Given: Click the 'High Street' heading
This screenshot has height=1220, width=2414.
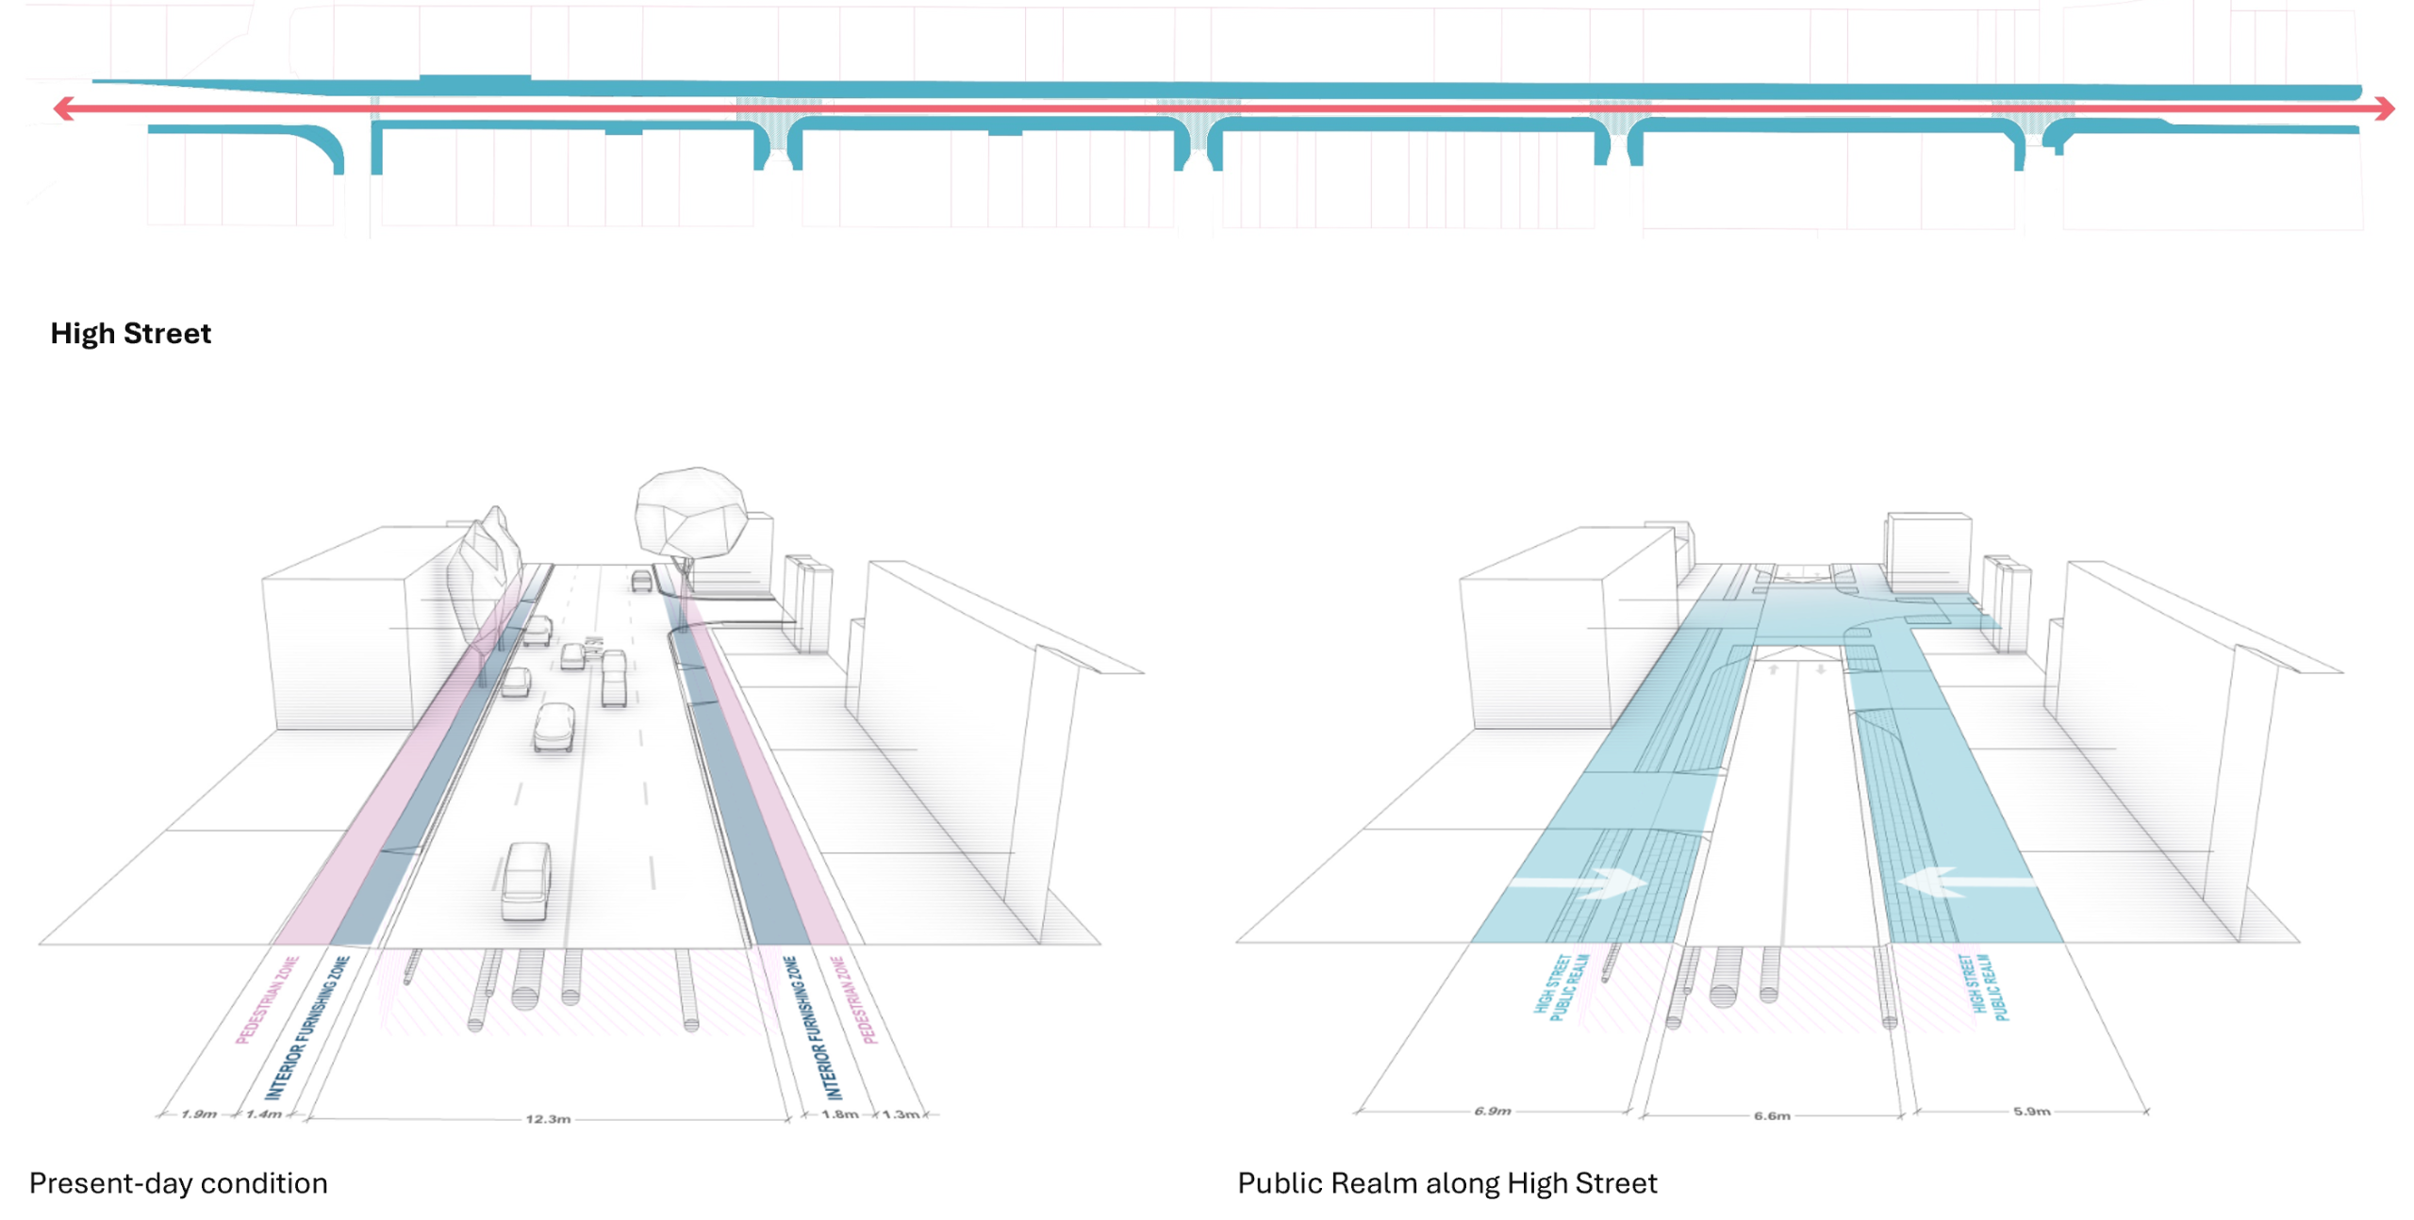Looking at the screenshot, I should click(x=130, y=333).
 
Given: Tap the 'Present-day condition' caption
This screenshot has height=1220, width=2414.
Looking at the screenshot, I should click(x=178, y=1182).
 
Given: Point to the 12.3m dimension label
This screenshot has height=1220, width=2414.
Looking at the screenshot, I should click(x=547, y=1118).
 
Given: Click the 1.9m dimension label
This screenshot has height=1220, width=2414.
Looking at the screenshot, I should click(x=198, y=1113).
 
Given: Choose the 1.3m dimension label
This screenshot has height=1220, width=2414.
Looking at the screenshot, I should click(x=900, y=1113).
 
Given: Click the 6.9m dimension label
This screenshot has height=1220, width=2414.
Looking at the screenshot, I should click(x=1492, y=1111).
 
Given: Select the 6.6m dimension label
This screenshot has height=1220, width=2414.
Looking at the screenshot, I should click(x=1771, y=1115).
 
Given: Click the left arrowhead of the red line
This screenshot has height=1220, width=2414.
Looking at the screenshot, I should click(x=63, y=108).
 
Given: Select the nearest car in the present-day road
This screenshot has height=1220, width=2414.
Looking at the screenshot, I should click(x=526, y=882).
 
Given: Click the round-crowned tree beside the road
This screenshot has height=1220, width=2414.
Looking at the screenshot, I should click(x=689, y=514).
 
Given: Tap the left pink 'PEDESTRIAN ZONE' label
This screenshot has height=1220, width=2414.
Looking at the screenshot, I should click(x=267, y=999).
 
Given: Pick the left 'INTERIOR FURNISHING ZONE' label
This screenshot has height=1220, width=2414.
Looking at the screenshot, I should click(x=306, y=1028).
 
